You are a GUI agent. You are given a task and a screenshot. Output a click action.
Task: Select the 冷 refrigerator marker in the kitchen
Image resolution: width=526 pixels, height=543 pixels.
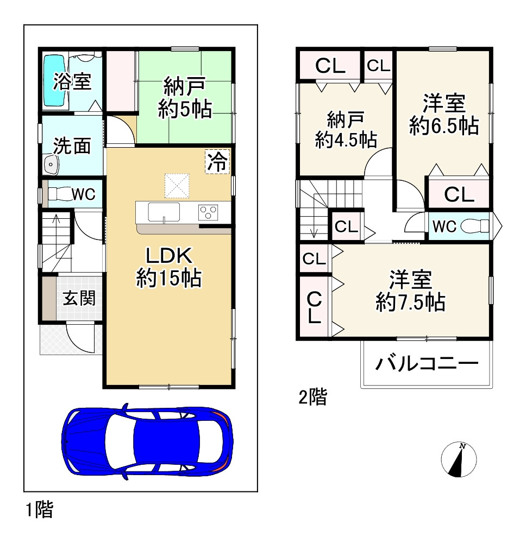click(217, 161)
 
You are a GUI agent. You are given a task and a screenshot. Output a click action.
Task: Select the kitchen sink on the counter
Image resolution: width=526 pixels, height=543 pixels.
click(164, 211)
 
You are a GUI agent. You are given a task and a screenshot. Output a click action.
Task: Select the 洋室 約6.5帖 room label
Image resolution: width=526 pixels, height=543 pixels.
click(444, 114)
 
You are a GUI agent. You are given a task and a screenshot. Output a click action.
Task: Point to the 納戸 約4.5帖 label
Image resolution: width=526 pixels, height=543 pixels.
click(346, 130)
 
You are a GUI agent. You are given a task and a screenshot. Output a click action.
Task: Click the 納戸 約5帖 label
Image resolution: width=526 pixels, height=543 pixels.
click(185, 98)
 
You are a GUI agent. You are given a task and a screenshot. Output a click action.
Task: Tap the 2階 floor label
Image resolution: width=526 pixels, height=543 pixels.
click(312, 398)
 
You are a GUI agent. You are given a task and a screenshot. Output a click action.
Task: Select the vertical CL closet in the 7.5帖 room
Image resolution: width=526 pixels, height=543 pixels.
click(314, 307)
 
